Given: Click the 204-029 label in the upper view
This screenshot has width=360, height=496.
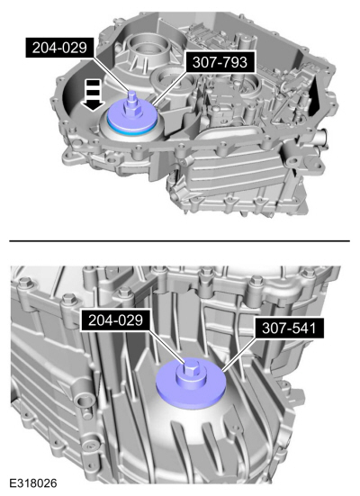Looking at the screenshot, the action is tap(59, 48).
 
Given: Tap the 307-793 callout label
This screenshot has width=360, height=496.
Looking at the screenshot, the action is tap(220, 62).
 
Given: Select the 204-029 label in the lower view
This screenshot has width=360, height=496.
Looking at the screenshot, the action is tap(115, 320).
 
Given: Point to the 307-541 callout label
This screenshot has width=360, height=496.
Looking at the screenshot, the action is tap(289, 328).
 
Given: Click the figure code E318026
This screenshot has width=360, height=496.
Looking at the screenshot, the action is tap(33, 483).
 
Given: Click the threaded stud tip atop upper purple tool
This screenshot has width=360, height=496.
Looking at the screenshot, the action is tap(131, 93).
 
